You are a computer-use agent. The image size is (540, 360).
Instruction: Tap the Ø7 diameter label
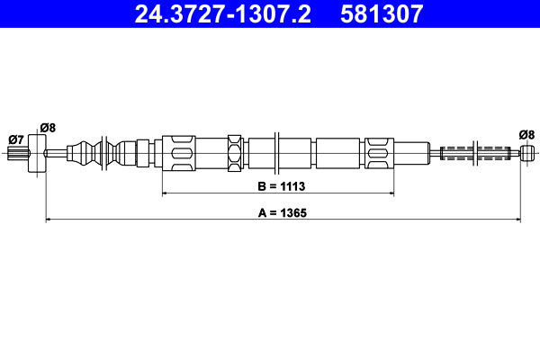(x=15, y=139)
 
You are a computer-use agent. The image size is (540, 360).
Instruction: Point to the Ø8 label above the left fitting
(x=47, y=127)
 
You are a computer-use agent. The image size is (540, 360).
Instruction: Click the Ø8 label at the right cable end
(x=526, y=134)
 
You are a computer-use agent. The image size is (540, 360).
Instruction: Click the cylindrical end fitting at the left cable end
(x=37, y=152)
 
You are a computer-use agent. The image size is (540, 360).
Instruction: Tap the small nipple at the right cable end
(x=526, y=152)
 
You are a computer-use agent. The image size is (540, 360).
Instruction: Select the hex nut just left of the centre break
(x=236, y=152)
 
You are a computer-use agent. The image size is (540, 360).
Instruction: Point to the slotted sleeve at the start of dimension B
(x=177, y=152)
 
